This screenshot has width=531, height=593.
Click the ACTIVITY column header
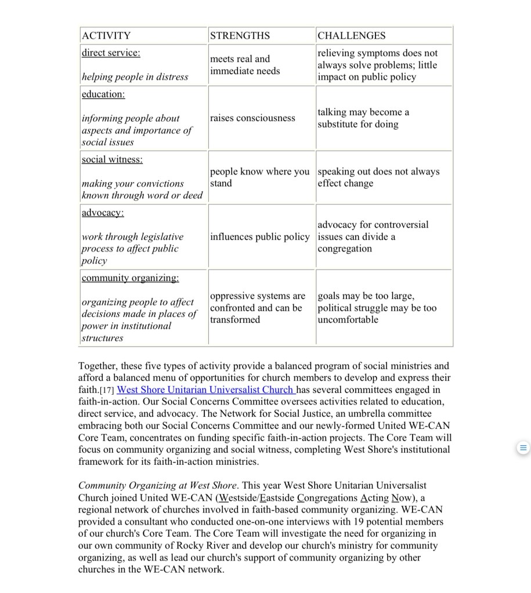pyautogui.click(x=106, y=36)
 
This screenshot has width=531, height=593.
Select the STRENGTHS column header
pyautogui.click(x=240, y=36)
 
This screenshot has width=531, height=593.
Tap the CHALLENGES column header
pyautogui.click(x=351, y=36)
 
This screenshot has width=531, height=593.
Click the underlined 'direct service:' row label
pyautogui.click(x=111, y=53)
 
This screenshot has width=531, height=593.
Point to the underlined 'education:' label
pyautogui.click(x=103, y=94)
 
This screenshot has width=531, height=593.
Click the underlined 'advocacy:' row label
pyautogui.click(x=103, y=213)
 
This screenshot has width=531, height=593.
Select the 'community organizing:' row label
pyautogui.click(x=130, y=278)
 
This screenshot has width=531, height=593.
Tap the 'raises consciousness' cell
pyautogui.click(x=252, y=118)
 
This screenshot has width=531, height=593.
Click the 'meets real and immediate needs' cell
pyautogui.click(x=245, y=65)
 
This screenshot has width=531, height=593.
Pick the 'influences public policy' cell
pyautogui.click(x=260, y=237)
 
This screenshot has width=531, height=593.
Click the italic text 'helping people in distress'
pyautogui.click(x=135, y=77)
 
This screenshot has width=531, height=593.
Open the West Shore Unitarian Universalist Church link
pyautogui.click(x=206, y=390)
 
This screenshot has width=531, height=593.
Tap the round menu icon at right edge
pyautogui.click(x=522, y=448)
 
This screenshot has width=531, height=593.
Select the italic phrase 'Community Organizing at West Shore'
pyautogui.click(x=157, y=485)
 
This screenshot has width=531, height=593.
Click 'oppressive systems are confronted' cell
pyautogui.click(x=257, y=308)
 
